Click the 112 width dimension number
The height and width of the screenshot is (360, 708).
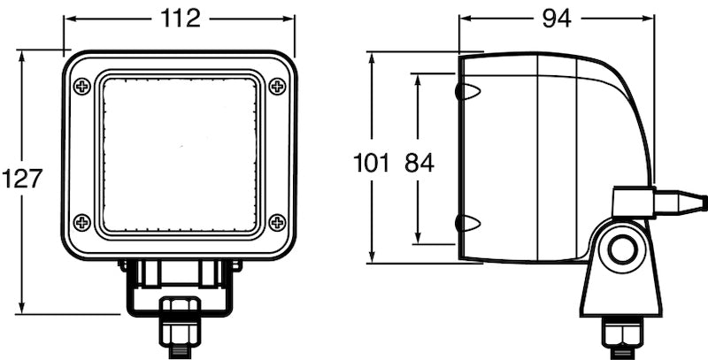[181, 18]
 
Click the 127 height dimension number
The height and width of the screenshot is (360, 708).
[22, 179]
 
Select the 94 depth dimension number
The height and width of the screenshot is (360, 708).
[557, 18]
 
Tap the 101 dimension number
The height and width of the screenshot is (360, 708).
[371, 163]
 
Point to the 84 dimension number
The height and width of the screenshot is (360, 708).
[419, 163]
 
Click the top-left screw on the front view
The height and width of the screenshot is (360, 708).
[82, 86]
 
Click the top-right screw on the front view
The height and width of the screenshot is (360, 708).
[277, 86]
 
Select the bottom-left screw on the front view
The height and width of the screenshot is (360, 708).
[82, 221]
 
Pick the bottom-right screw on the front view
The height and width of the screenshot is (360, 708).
[277, 221]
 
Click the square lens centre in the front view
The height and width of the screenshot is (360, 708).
[181, 154]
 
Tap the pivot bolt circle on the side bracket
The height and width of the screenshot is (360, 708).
[622, 252]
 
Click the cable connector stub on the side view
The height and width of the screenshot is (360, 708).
[681, 202]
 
